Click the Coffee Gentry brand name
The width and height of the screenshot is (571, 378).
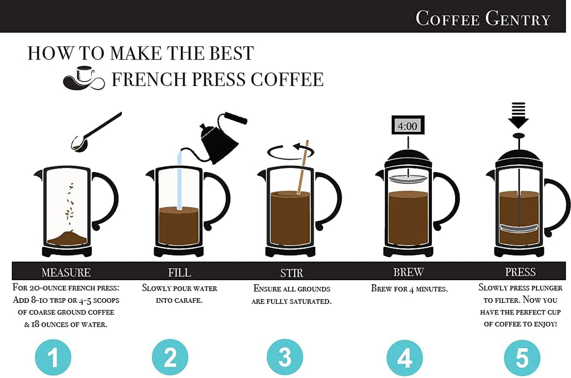[483, 18]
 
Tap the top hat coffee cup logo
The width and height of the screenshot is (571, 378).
[84, 78]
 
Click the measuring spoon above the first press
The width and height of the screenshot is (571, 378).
[96, 132]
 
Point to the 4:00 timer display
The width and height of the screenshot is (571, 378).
[408, 125]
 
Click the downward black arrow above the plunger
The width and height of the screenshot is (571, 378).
[518, 115]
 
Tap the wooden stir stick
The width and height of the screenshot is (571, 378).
[303, 167]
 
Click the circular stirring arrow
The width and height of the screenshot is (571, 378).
[290, 152]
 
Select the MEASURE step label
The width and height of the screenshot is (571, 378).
[66, 272]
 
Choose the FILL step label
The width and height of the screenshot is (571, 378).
[179, 273]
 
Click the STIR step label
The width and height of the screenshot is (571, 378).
[292, 273]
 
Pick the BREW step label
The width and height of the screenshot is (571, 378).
[409, 272]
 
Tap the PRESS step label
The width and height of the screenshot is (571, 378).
[520, 272]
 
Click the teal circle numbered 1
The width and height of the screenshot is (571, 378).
[53, 357]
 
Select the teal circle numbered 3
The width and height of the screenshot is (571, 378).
[285, 357]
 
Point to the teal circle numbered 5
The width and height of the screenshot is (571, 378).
[522, 358]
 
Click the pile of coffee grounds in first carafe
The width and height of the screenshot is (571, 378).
[67, 238]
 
